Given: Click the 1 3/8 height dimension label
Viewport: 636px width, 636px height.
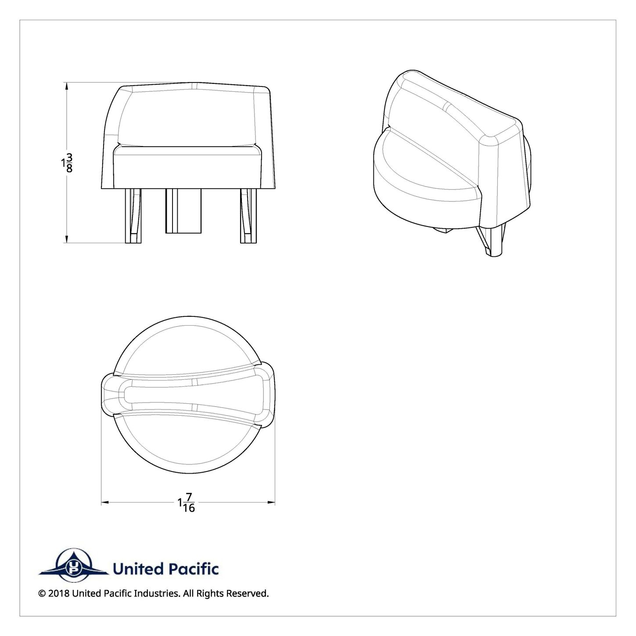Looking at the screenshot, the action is (67, 163).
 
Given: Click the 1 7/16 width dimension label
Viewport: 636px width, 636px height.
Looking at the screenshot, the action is (187, 503).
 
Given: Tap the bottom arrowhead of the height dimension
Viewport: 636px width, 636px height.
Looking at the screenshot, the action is (67, 239).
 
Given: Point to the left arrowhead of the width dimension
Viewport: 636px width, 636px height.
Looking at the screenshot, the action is (105, 503).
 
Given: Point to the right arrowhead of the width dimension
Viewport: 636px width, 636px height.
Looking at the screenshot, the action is (271, 503).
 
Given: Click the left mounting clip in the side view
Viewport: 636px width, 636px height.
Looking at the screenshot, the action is (133, 216).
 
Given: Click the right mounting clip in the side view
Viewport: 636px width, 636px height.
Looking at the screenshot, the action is (248, 216).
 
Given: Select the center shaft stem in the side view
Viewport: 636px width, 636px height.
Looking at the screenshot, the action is (183, 211).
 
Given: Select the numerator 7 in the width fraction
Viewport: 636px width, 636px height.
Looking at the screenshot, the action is (189, 497).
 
